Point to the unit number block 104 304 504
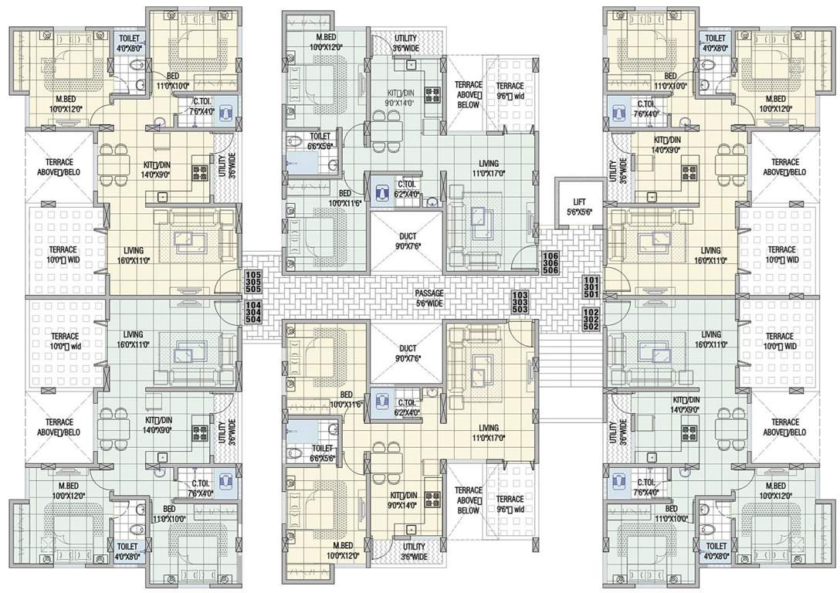pos(252,311)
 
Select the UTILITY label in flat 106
pos(406,43)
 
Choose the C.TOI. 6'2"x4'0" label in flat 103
pos(407,408)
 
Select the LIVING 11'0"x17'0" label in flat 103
pos(488,432)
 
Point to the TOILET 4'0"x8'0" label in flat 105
pos(129,42)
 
